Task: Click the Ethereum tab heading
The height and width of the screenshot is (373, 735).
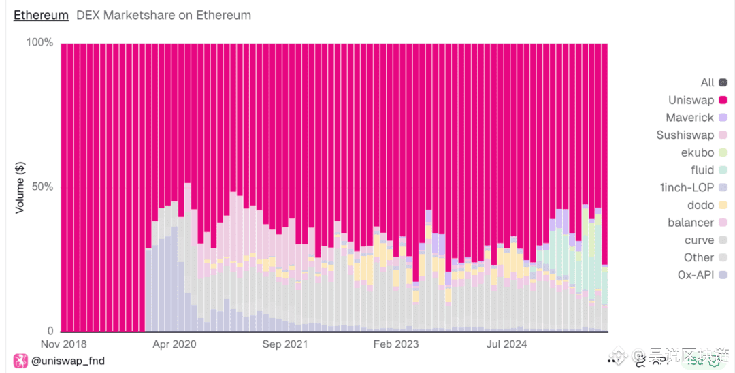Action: [41, 15]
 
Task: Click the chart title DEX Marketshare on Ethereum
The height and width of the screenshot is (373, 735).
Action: [163, 15]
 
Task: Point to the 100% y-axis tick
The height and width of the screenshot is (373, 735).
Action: [39, 43]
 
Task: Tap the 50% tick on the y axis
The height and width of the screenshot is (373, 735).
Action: [42, 187]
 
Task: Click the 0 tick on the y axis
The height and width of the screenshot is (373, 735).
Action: [49, 331]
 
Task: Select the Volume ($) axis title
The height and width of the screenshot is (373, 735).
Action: [20, 187]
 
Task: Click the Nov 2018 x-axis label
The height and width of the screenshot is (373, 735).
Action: [64, 344]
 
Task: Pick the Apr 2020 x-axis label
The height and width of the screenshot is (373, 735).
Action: [174, 344]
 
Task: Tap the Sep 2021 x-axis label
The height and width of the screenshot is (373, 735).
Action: [285, 344]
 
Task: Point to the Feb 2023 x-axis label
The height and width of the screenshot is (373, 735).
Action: [396, 344]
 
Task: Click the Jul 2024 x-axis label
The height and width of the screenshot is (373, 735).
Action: [506, 344]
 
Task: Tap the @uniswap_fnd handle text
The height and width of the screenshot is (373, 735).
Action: [68, 361]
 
